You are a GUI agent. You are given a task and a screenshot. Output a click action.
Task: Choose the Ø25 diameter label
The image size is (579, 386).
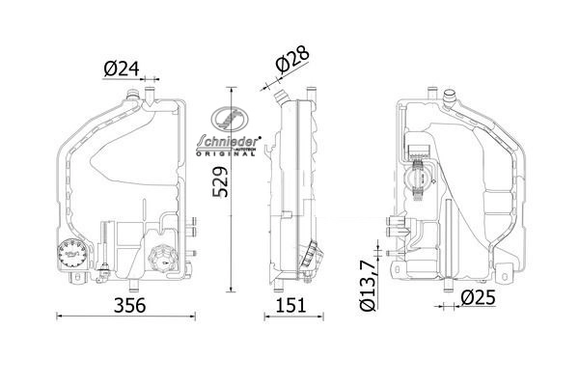click(478, 298)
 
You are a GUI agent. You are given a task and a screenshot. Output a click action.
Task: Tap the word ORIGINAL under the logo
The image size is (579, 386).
click(232, 154)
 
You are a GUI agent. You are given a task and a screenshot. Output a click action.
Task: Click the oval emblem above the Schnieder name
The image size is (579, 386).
click(232, 120)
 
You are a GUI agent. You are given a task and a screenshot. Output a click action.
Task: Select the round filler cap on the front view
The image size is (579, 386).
click(160, 259)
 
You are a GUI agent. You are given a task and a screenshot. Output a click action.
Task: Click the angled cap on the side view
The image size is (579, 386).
click(310, 259)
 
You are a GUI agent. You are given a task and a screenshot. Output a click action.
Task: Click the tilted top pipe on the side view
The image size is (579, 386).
click(283, 96)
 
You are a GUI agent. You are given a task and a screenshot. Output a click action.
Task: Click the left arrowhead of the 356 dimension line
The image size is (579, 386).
click(59, 317)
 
